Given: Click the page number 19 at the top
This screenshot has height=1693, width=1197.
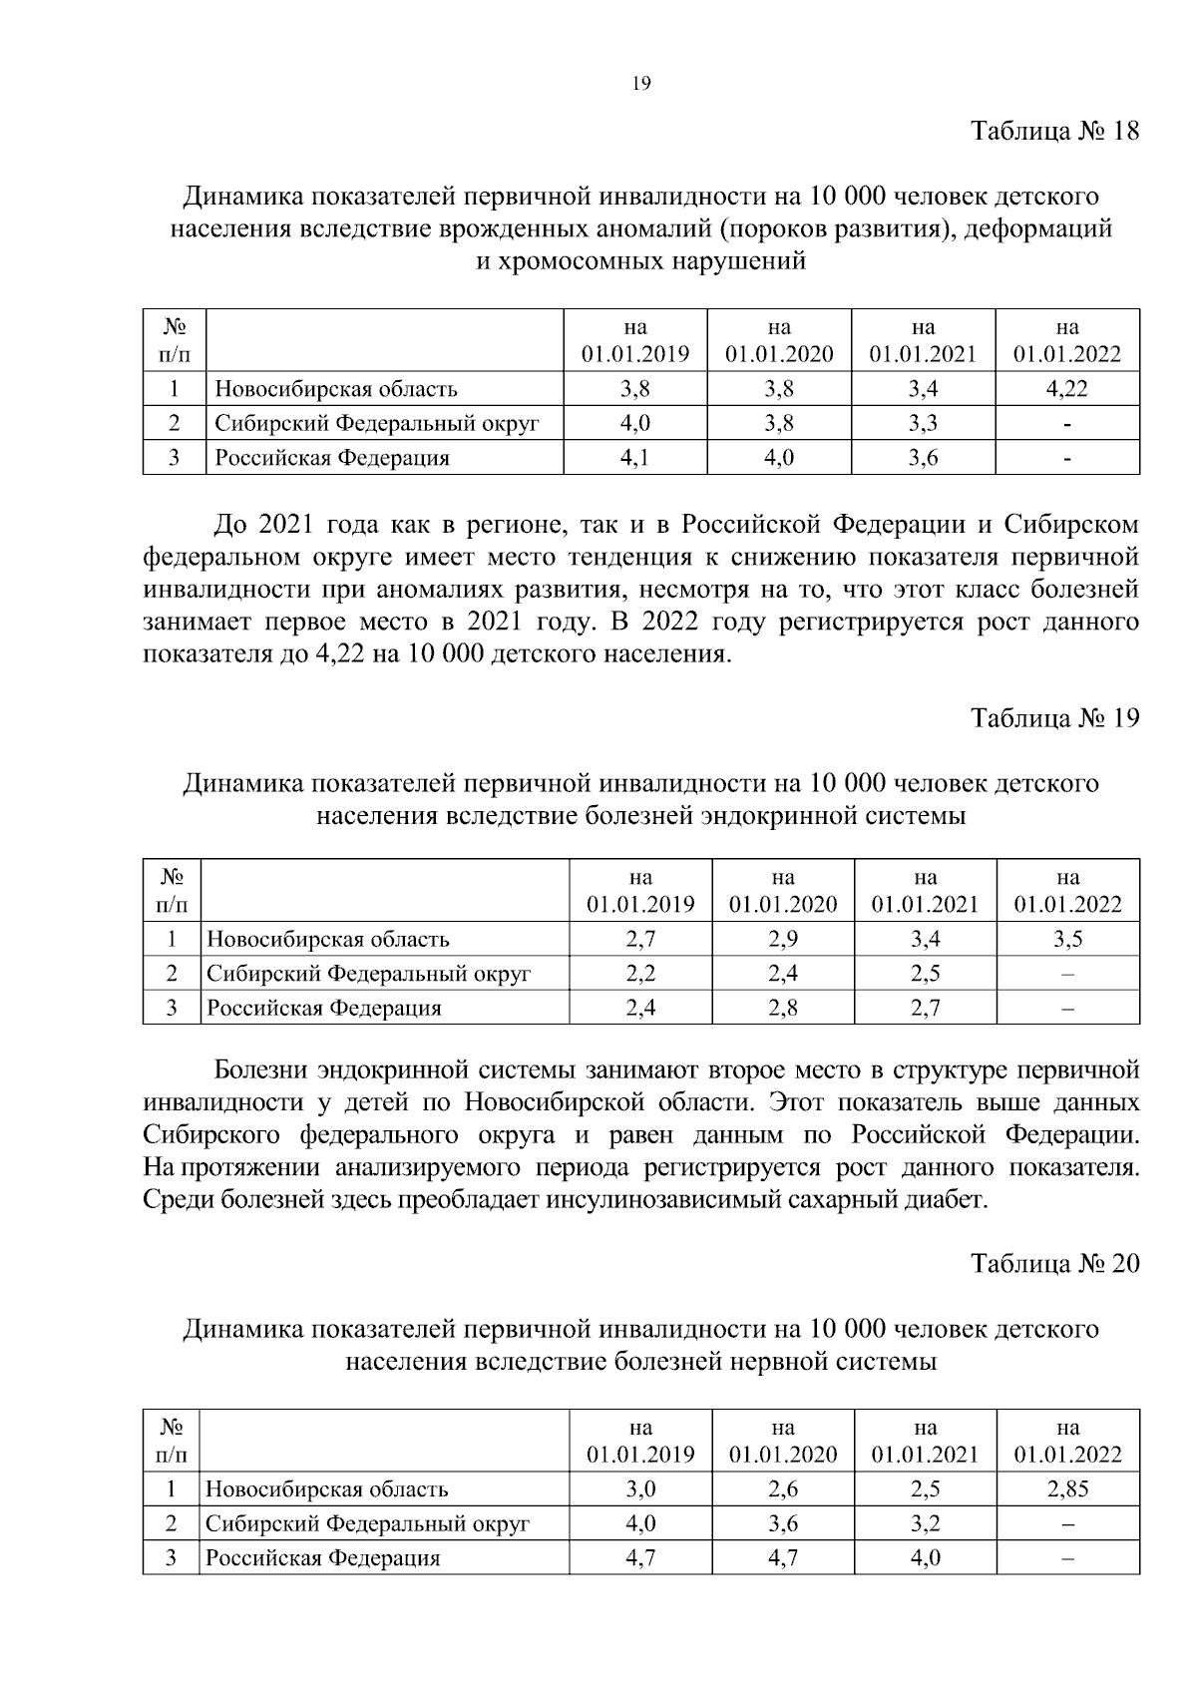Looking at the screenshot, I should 641,84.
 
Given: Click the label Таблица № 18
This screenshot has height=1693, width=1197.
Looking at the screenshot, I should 1054,132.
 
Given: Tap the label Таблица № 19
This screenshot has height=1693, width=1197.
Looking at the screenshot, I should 1054,718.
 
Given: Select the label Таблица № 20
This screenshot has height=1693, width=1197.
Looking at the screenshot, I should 1054,1264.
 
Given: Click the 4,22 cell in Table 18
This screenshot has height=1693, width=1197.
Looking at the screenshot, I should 1066,389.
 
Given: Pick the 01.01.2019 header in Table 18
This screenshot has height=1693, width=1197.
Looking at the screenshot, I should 635,354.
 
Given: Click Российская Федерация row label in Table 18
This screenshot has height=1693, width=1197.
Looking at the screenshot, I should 332,458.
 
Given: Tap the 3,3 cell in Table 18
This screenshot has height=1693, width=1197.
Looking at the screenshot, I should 923,423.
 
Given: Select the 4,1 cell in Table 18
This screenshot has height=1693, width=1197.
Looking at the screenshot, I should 635,458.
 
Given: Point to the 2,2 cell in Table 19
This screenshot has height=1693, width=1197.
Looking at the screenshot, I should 640,973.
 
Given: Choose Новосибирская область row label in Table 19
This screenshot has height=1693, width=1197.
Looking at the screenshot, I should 327,939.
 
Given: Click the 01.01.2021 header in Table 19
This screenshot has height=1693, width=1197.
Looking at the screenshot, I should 925,904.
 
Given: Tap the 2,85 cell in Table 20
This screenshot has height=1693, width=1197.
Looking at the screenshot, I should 1067,1488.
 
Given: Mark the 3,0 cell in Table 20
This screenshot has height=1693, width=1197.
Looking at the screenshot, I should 640,1488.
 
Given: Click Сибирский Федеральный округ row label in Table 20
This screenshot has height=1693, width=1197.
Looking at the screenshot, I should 367,1523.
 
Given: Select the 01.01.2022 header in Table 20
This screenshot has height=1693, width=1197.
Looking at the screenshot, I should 1067,1455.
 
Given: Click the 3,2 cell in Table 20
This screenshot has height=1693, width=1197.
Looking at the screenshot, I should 925,1523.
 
